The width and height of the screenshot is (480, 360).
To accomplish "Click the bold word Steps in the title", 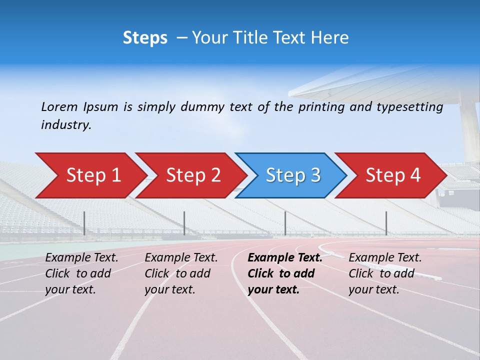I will click(145, 37).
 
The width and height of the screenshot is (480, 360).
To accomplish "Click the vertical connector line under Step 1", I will click(84, 223).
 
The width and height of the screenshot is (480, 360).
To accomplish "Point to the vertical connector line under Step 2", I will click(184, 223).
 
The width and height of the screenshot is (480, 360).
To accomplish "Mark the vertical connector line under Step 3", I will click(285, 223).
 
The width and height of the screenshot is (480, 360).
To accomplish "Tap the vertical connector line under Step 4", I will click(386, 223).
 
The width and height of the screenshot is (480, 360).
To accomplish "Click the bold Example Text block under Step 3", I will click(285, 273).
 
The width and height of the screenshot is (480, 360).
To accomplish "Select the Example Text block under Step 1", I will click(81, 273).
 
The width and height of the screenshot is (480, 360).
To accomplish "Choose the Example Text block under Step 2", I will click(181, 273).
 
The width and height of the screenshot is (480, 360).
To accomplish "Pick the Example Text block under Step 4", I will click(385, 273).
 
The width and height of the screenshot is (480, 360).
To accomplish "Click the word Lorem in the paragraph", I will click(59, 106).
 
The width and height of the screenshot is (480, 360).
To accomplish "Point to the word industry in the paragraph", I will click(65, 125).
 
